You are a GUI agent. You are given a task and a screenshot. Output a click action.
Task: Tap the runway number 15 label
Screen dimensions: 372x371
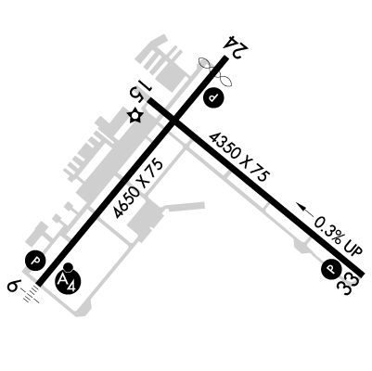[140, 90]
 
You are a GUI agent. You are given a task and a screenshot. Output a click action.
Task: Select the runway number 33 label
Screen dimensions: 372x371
[349, 284]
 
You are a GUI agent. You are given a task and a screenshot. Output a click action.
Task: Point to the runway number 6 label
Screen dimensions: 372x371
[14, 285]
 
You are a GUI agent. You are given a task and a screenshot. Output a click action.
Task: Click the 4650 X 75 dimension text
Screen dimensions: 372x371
[138, 188]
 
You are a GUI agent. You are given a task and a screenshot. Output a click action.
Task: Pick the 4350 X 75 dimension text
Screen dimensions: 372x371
[239, 157]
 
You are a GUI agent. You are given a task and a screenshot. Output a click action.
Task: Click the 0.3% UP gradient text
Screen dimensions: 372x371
[338, 236]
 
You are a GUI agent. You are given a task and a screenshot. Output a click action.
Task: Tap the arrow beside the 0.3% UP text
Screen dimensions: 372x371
[304, 210]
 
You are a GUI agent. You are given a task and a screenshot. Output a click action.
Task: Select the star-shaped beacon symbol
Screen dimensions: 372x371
[135, 115]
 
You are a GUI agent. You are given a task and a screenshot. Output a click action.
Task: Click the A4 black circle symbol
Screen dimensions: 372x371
[68, 281]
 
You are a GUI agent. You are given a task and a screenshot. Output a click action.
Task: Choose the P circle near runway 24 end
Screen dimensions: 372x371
[213, 97]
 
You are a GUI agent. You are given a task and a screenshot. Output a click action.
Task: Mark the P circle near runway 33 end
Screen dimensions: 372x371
[331, 268]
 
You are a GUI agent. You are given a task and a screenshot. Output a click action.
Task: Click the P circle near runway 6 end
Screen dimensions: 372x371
[35, 261]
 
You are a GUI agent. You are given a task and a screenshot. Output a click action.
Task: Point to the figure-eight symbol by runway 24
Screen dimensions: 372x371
[215, 71]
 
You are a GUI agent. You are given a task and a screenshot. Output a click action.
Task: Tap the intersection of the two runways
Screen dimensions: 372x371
[174, 122]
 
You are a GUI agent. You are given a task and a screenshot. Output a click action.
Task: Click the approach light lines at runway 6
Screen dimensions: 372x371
[32, 294]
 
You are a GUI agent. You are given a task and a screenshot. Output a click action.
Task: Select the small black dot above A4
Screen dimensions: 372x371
[68, 267]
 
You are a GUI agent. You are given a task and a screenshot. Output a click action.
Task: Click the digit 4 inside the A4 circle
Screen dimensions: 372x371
[71, 286]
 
